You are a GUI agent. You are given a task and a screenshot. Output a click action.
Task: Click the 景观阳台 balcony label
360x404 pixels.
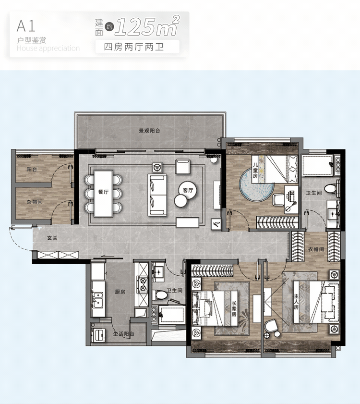(x=149, y=131)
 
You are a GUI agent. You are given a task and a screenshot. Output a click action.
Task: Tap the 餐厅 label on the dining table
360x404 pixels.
(x=103, y=192)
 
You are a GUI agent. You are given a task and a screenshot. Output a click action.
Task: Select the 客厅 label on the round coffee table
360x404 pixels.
(x=188, y=190)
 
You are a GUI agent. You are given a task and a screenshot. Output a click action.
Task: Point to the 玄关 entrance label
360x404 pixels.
(x=52, y=238)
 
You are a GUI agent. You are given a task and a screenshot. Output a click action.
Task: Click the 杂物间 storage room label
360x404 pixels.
(x=35, y=202)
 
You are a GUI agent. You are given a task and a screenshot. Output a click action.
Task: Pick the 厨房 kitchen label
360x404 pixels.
(x=120, y=292)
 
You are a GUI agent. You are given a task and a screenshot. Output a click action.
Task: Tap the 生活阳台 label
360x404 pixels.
(x=124, y=334)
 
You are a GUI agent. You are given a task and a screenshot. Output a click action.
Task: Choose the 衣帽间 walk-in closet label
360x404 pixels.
(x=316, y=249)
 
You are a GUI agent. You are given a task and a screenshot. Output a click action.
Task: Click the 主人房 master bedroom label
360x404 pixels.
(x=296, y=302)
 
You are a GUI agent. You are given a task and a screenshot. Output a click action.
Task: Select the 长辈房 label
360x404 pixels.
(x=234, y=309)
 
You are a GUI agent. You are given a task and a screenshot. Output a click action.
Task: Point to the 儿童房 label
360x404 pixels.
(x=255, y=171)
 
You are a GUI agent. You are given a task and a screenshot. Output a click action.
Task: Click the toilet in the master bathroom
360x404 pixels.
(x=332, y=188)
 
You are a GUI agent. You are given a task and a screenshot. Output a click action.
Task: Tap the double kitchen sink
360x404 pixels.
(x=97, y=300)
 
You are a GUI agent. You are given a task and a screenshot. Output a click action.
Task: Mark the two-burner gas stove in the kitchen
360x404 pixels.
(x=143, y=284)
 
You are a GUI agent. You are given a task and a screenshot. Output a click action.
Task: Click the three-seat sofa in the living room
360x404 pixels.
(x=157, y=195)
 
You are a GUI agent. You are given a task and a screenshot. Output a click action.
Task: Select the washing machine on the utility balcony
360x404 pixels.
(x=98, y=335)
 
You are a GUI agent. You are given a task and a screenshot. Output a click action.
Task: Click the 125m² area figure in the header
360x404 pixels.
(x=147, y=26)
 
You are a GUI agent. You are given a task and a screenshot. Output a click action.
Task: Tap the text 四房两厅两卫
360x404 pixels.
(x=134, y=47)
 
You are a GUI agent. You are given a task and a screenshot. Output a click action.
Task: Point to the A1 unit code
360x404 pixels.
(x=26, y=26)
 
